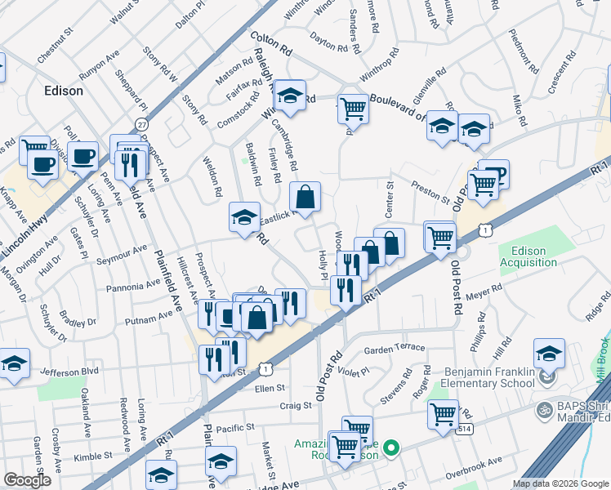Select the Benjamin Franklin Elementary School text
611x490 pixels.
[x=490, y=378]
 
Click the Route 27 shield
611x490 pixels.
[x=142, y=124]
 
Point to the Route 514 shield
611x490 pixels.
[x=463, y=428]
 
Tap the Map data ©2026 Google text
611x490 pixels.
[x=560, y=483]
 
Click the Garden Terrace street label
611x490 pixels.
[x=395, y=348]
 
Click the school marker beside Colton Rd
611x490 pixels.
[x=289, y=96]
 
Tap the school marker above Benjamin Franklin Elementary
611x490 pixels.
[x=549, y=353]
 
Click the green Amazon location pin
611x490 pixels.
[x=391, y=448]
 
